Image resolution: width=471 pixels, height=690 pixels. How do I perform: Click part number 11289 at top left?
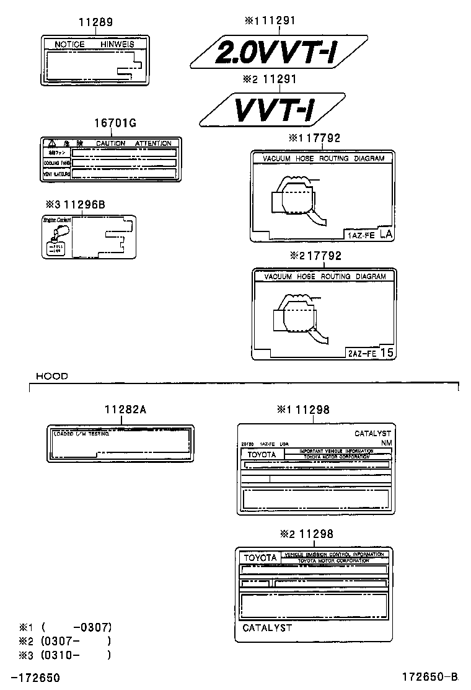pos(95,22)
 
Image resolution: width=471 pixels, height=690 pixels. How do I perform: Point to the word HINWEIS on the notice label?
pos(117,45)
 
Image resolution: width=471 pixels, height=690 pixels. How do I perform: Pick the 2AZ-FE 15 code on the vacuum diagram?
pos(371,353)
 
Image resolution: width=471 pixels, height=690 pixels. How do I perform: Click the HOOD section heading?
pos(51,376)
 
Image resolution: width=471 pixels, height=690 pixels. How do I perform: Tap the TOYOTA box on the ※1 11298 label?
pos(262,454)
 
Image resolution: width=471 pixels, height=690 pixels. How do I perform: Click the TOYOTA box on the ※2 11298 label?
pos(260,558)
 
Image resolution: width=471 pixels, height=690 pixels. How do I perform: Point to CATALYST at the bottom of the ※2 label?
pos(266,627)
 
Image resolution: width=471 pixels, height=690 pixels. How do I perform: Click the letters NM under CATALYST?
pos(386,443)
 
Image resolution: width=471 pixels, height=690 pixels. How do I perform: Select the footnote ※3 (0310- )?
pos(65,654)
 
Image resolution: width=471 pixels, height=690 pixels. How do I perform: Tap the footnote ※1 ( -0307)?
pos(65,627)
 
